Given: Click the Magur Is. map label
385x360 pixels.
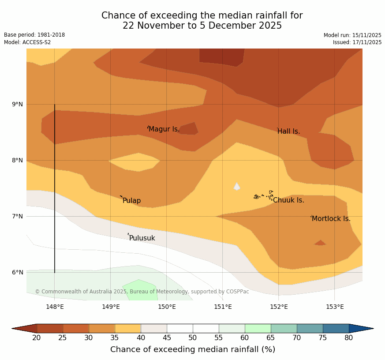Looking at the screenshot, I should [164, 129].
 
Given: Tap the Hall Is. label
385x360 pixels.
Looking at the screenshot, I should [289, 131].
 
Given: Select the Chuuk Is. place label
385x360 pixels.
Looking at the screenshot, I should [288, 200].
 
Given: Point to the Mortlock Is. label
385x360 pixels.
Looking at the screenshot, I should [331, 219].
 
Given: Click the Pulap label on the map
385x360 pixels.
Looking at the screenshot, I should [131, 201].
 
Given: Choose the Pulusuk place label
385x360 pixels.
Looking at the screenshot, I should [142, 238].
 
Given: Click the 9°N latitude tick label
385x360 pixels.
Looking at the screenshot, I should [18, 105].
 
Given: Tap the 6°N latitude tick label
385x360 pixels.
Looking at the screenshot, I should [18, 272].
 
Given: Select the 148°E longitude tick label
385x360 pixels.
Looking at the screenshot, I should [55, 307].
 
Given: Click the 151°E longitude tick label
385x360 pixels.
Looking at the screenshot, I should [223, 307].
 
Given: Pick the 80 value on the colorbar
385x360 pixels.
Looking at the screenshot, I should [348, 338].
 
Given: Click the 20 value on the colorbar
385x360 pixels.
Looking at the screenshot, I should [37, 338].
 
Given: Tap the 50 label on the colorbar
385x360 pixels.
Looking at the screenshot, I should [193, 338].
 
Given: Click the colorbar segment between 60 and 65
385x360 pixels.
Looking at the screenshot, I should [258, 328].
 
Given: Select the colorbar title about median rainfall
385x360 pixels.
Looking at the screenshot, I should [193, 349].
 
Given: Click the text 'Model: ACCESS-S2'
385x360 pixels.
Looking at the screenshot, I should [27, 42].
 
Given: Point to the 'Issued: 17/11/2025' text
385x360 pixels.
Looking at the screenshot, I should [357, 42].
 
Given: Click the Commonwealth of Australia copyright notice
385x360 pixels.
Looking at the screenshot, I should [142, 292].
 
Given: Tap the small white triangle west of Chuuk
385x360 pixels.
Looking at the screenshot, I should [237, 187].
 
